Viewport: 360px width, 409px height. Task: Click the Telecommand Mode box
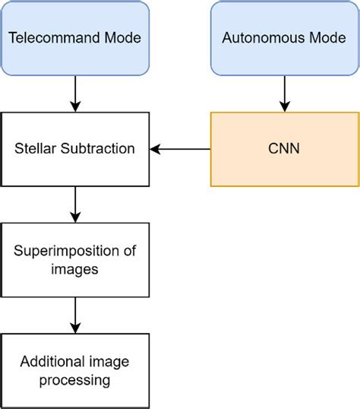(74, 37)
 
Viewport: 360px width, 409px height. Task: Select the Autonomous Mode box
(284, 37)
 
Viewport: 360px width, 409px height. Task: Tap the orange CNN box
(284, 149)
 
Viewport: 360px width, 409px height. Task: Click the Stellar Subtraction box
(74, 149)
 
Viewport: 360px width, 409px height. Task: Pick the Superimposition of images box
(74, 260)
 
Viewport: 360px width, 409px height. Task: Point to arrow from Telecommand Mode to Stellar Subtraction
(74, 93)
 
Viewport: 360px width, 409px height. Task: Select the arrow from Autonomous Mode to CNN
(284, 93)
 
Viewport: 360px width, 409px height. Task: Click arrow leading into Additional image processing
(74, 315)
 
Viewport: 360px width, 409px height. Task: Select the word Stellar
(33, 149)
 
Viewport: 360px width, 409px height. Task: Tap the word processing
(74, 379)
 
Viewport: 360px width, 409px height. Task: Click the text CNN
(284, 149)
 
